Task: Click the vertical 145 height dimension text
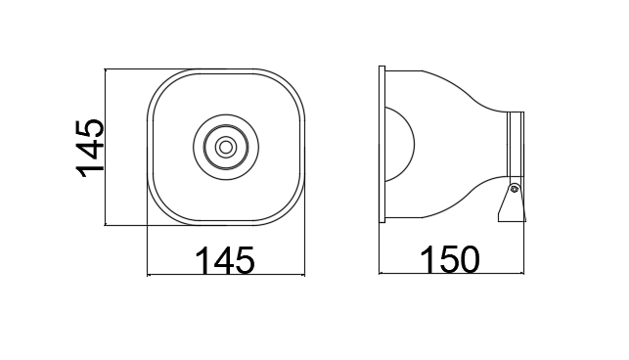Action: click(90, 148)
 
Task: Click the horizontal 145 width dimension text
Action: click(225, 260)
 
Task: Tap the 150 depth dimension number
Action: click(450, 260)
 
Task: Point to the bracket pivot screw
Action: click(515, 189)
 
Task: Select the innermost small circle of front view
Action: click(226, 148)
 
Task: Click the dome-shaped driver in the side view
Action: click(401, 144)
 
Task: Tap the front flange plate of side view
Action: click(382, 144)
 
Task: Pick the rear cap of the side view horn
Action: click(516, 144)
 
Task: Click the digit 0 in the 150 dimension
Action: click(469, 260)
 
